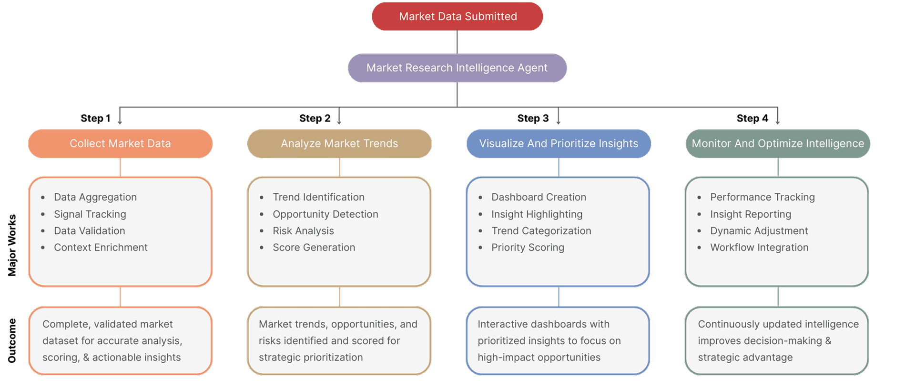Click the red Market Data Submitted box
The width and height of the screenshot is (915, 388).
click(x=457, y=17)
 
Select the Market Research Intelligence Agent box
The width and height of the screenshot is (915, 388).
click(x=457, y=68)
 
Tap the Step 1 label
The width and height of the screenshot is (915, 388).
click(x=95, y=119)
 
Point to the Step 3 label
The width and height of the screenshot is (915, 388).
click(x=533, y=119)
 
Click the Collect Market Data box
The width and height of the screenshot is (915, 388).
click(x=120, y=144)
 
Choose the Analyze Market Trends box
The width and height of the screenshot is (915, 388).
click(x=339, y=144)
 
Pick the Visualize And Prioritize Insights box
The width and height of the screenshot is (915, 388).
click(x=559, y=144)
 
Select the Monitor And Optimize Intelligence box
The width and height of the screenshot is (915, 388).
click(x=778, y=144)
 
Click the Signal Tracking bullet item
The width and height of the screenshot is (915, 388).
click(x=90, y=214)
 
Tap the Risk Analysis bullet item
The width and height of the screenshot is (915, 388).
click(x=303, y=231)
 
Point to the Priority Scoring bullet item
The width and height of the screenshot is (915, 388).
click(x=528, y=248)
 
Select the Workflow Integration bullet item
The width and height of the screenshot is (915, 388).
click(x=759, y=248)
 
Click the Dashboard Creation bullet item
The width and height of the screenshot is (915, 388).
click(x=539, y=197)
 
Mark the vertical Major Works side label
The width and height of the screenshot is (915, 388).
click(x=12, y=245)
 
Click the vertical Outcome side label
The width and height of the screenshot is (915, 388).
click(x=12, y=340)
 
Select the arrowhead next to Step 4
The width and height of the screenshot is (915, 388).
click(x=777, y=122)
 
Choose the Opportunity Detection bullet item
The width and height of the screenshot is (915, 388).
click(x=325, y=214)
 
